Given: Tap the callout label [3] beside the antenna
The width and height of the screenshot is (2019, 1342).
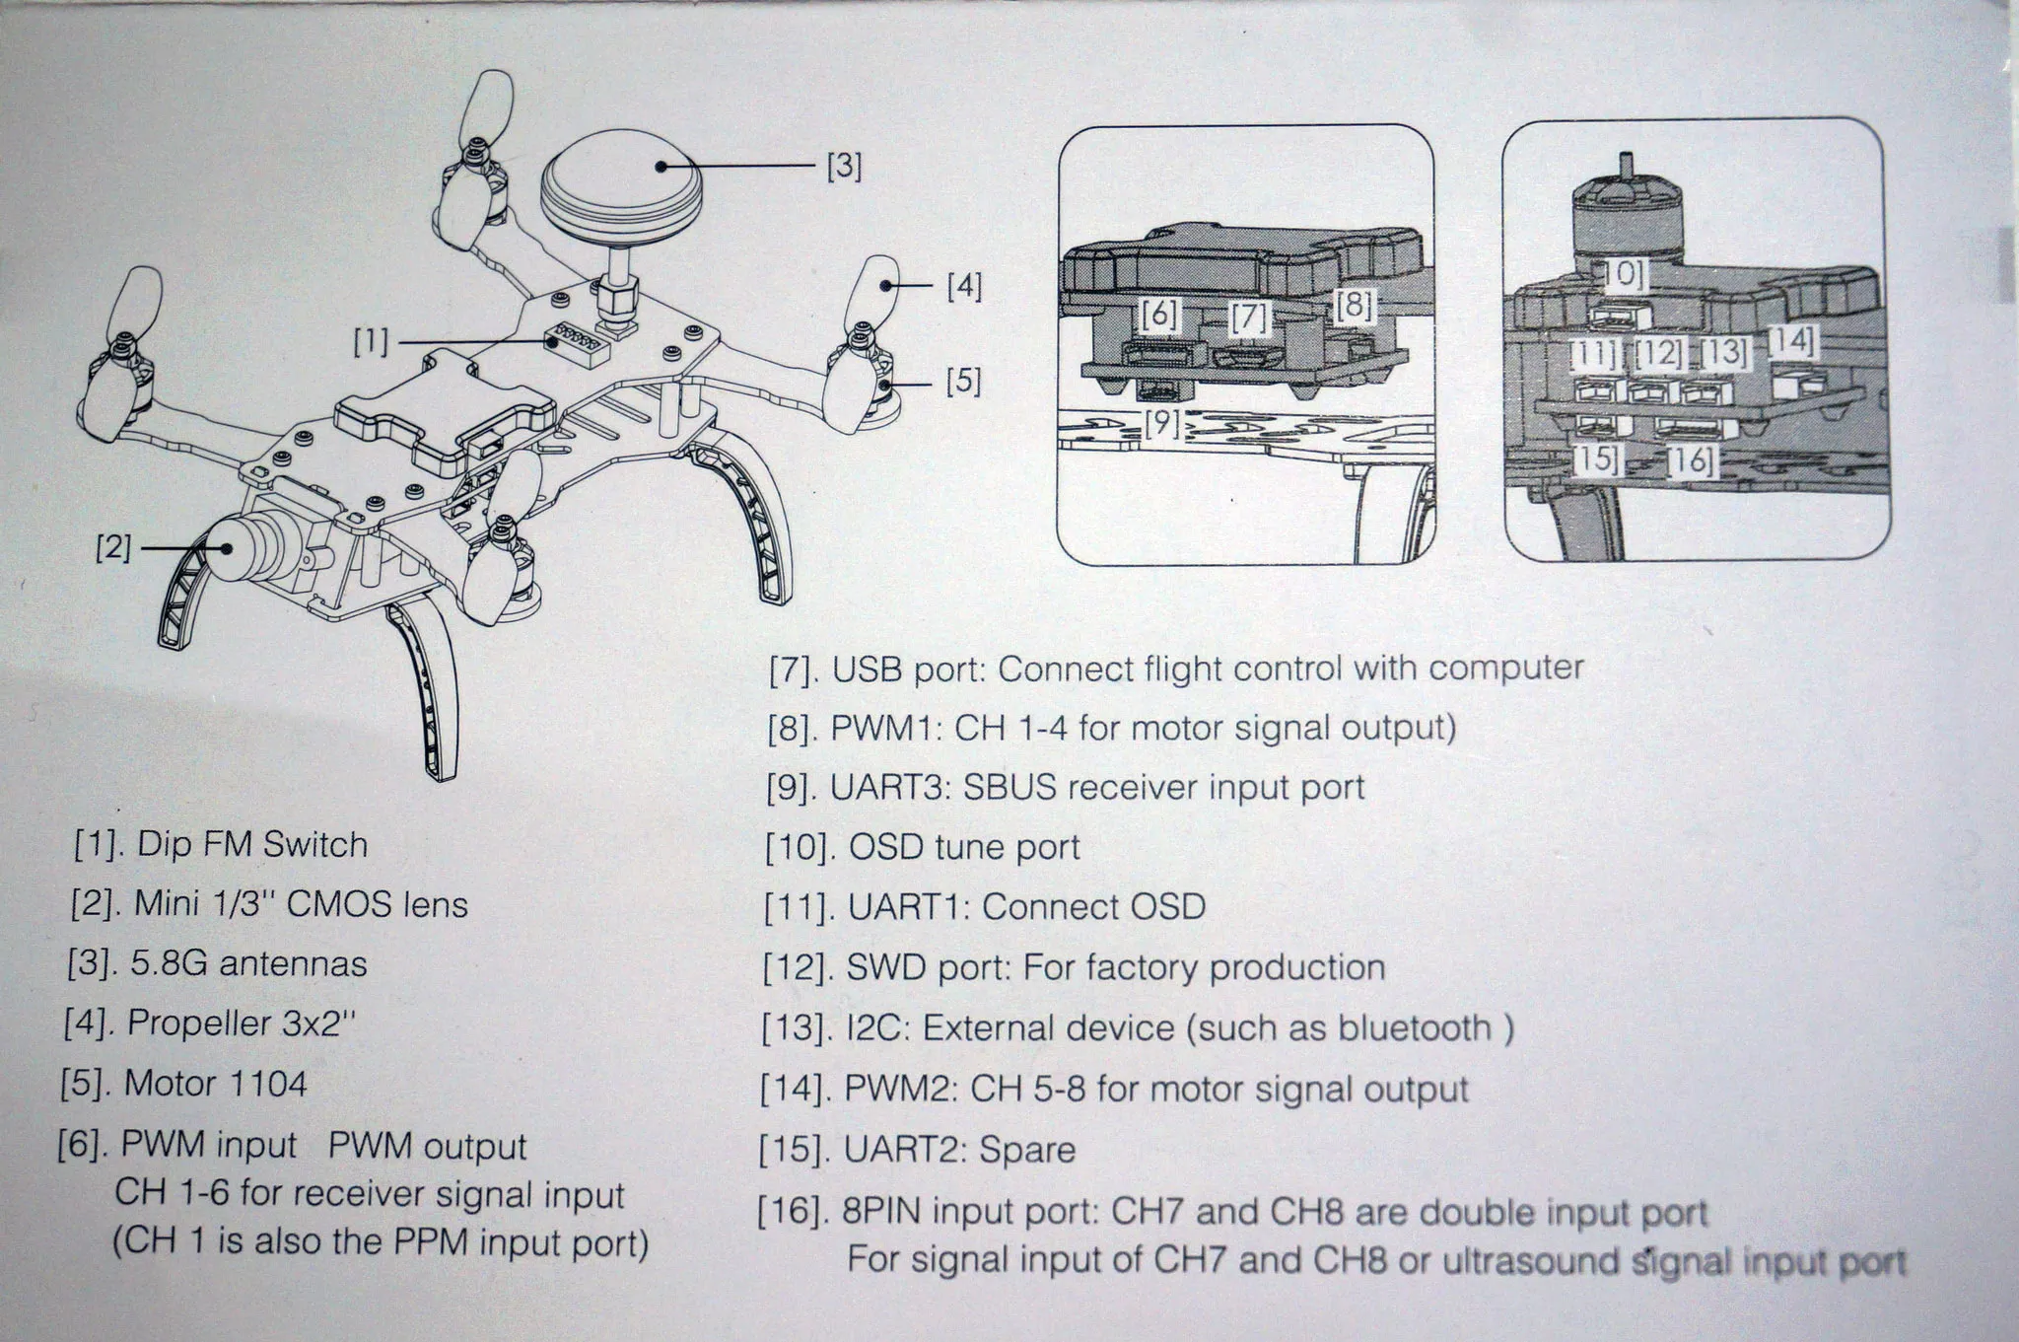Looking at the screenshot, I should [844, 167].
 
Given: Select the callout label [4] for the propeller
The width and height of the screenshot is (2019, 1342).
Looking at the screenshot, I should [964, 287].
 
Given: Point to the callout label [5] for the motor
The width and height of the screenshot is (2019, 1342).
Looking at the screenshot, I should [963, 380].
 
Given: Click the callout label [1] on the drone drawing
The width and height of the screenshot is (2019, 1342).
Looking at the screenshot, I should [372, 342].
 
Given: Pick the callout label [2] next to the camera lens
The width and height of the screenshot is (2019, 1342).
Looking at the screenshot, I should [113, 546].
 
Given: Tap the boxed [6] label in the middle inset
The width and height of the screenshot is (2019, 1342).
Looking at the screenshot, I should [1159, 315].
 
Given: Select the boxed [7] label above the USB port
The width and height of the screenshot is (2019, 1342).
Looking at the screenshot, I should [1249, 318].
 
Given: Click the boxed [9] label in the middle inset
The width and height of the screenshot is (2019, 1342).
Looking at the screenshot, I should [1163, 423].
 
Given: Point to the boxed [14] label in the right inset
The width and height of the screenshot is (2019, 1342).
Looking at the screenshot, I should [1792, 342].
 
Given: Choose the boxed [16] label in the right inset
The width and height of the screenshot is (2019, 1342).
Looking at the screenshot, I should [1691, 460].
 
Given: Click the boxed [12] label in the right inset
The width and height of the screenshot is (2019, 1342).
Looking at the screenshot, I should [1658, 352].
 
